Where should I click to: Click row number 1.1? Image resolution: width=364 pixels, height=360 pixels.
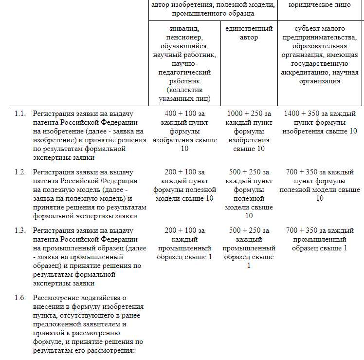pos(19,114)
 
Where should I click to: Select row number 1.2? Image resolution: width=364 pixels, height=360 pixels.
pos(19,172)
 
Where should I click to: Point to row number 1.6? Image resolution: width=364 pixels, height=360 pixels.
pos(19,298)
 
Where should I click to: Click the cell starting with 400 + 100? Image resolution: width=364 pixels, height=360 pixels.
pos(184,131)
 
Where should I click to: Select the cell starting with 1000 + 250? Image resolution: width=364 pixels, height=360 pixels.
pos(249,131)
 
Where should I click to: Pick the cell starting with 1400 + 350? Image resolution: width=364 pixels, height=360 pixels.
pos(320,122)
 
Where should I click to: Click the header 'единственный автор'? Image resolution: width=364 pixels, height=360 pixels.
pos(249,33)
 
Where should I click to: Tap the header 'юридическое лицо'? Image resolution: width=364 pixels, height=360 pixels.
pos(320,5)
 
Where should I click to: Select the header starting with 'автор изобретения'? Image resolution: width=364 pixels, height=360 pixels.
pos(213,9)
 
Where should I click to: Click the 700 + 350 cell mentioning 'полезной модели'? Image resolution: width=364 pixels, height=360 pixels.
pos(320,185)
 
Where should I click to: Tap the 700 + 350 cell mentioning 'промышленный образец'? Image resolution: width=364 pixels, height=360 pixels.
pos(320,239)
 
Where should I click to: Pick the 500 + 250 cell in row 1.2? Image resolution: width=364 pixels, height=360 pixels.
pos(249,194)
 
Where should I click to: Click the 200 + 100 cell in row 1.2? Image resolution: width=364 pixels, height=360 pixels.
pos(184,185)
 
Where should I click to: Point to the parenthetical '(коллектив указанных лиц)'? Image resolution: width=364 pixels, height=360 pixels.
pos(184,95)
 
